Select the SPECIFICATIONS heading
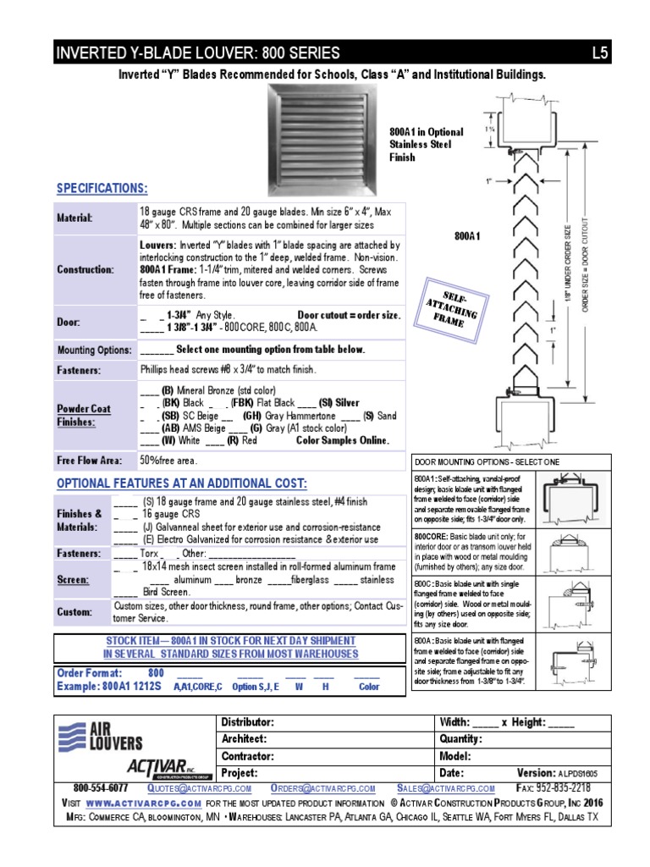[102, 188]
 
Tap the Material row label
[74, 218]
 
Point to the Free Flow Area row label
[89, 461]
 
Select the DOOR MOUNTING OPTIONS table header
[487, 461]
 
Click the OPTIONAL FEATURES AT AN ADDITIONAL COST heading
[182, 483]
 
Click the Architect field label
[246, 738]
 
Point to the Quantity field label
[461, 738]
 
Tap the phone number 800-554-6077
[101, 787]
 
